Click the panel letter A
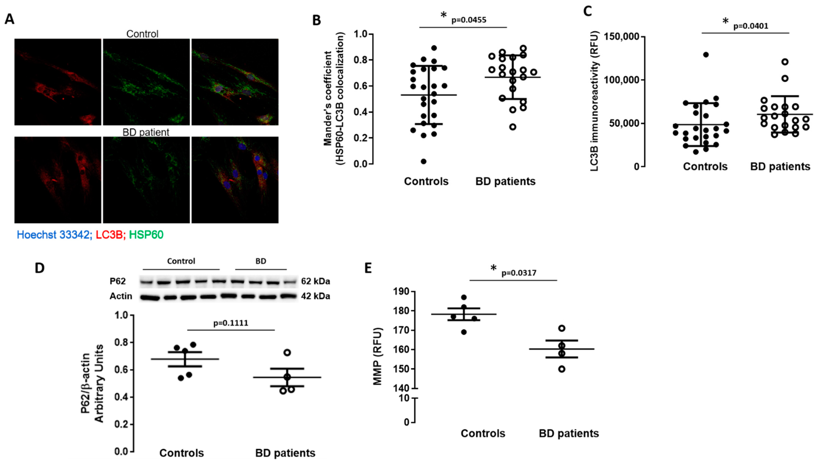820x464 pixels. coord(10,19)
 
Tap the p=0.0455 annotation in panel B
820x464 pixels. coord(469,20)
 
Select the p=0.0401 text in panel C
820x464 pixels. coord(751,26)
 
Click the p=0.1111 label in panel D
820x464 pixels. coord(231,323)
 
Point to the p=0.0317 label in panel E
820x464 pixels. coord(519,273)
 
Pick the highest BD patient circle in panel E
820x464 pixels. coord(562,328)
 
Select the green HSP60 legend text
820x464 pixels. coord(146,235)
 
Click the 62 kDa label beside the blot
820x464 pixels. coord(315,281)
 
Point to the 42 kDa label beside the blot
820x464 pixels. coord(315,296)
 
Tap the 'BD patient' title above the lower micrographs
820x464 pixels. coord(146,132)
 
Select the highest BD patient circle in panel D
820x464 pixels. coord(287,352)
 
